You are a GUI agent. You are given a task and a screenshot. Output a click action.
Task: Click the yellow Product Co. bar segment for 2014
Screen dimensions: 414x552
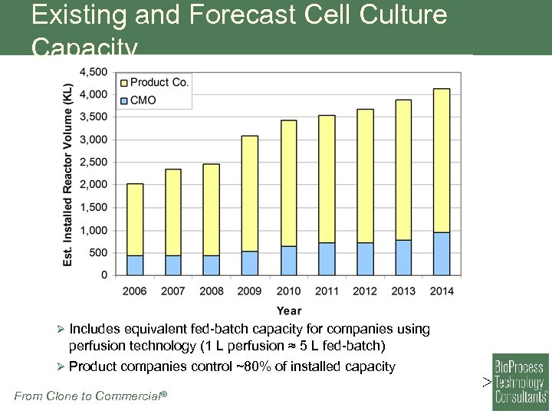[441, 160]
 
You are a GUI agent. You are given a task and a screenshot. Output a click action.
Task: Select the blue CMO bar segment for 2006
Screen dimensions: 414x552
[135, 265]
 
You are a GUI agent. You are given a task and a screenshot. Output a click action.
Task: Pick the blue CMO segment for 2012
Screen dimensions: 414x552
[365, 259]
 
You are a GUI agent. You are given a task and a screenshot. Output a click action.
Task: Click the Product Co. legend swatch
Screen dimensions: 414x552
[123, 82]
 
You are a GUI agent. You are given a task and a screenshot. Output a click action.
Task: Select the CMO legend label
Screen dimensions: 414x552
[143, 100]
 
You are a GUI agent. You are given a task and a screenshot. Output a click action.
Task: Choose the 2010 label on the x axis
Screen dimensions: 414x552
[288, 291]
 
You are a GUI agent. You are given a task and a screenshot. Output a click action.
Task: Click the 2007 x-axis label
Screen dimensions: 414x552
[173, 291]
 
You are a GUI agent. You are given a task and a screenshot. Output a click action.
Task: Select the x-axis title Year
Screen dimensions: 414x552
[288, 310]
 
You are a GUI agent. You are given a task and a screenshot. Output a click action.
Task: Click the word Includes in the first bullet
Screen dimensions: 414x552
[94, 329]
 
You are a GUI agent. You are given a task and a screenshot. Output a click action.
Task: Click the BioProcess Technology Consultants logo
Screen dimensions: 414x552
[520, 382]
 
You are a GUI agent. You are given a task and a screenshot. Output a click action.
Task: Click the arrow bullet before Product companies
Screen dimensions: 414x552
[62, 366]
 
